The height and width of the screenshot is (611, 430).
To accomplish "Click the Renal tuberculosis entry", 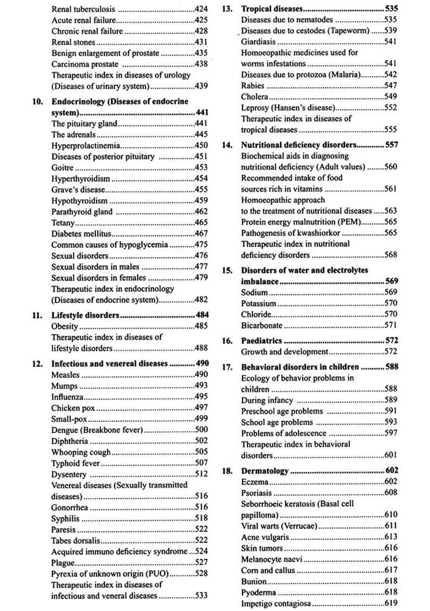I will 83,9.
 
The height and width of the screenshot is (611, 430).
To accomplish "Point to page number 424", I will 201,9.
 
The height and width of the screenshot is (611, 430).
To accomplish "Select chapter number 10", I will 38,101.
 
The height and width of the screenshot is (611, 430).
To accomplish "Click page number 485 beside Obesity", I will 201,326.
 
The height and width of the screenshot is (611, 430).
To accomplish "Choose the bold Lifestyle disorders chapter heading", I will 85,315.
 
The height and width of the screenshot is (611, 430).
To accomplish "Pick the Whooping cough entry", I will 80,452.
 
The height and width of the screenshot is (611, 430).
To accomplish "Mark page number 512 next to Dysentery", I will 201,474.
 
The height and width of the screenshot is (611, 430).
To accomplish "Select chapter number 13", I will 227,9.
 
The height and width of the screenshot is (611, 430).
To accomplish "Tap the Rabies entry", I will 253,85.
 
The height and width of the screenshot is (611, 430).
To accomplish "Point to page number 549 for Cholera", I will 390,97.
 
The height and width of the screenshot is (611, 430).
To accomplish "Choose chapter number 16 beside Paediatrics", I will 227,341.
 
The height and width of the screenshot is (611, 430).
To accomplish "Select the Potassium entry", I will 259,303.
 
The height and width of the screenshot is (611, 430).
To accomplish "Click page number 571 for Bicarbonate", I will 390,325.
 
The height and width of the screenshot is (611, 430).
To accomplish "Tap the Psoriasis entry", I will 257,492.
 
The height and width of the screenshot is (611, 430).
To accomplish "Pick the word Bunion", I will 254,581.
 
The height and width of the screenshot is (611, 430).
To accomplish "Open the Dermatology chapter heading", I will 265,471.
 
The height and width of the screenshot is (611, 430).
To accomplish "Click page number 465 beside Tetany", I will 201,223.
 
